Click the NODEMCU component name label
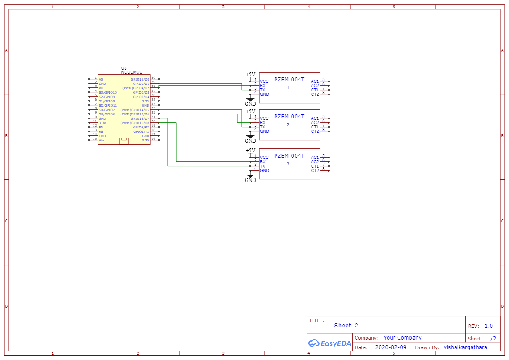[131, 72]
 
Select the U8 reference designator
[124, 68]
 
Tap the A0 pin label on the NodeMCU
[101, 79]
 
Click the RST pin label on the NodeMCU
[101, 131]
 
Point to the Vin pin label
[101, 140]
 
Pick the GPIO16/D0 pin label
[140, 79]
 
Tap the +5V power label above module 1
[251, 74]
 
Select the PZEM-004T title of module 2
[289, 117]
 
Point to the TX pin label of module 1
[263, 90]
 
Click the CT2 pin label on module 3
[315, 171]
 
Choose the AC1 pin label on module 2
[315, 118]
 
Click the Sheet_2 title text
[346, 325]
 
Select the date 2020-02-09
[391, 347]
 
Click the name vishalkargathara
[465, 347]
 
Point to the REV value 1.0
[489, 326]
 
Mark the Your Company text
[402, 338]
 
